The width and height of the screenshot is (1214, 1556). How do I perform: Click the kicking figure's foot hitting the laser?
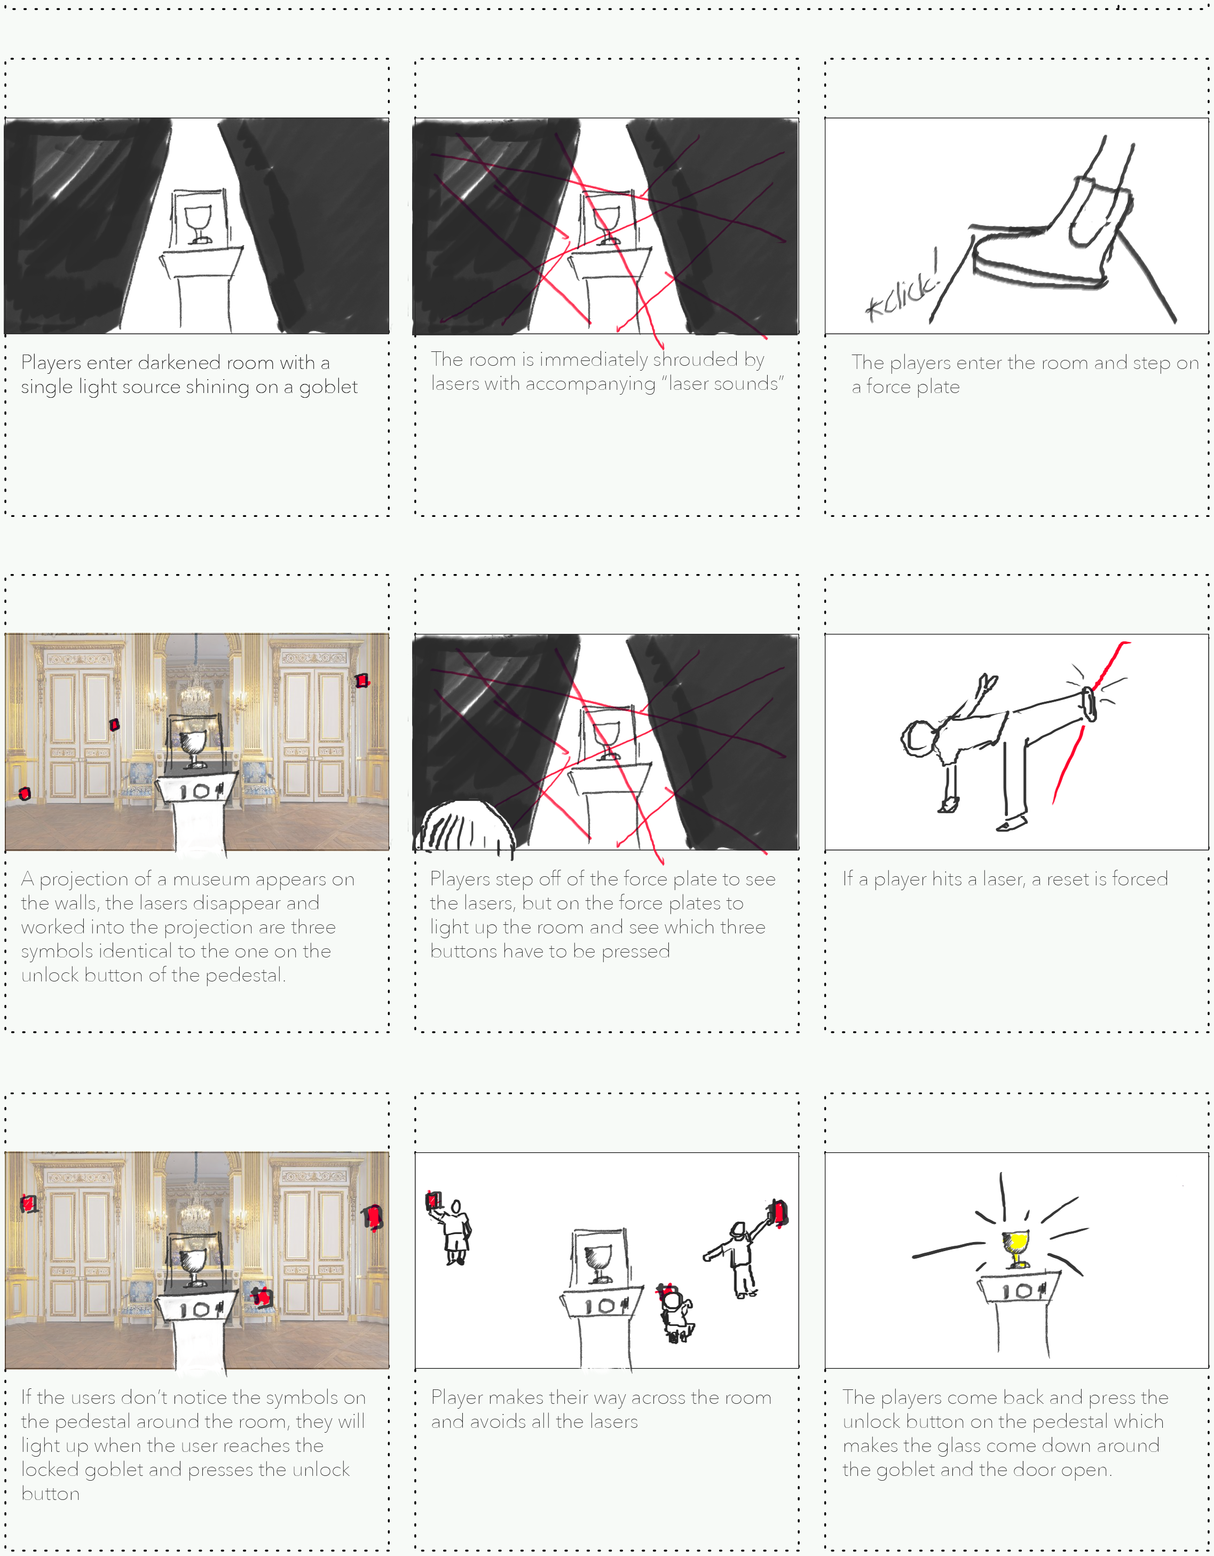[1088, 705]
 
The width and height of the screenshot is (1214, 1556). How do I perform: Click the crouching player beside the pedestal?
[675, 1315]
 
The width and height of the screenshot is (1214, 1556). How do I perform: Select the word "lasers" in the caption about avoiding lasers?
[609, 1422]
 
